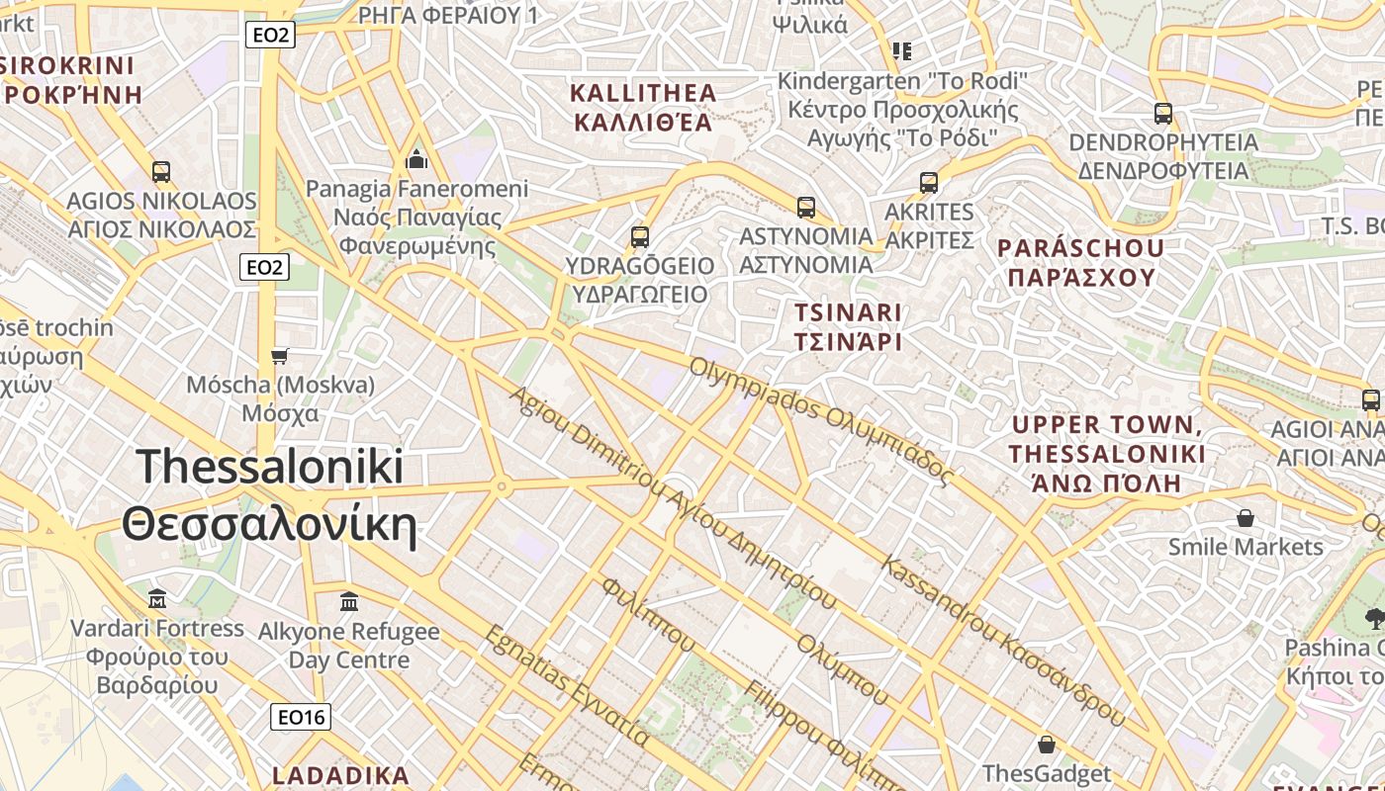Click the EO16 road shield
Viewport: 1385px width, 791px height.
(301, 717)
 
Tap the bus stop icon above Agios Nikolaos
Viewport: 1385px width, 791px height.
(161, 172)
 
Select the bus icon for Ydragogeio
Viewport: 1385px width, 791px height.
(640, 237)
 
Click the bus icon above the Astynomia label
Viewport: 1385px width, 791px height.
(806, 208)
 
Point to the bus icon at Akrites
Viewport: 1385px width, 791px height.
(929, 183)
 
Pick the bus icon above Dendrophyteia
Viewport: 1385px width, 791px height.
(1163, 114)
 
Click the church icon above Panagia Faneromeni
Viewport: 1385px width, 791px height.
(416, 159)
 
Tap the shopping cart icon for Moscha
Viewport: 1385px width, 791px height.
(280, 356)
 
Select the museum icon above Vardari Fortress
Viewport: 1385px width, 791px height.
(157, 598)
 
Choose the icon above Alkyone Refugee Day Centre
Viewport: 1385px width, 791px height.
(349, 601)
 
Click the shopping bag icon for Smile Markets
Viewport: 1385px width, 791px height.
(1246, 518)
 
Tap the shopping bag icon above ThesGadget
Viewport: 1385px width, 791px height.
(1047, 745)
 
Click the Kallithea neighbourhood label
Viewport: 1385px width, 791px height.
(643, 108)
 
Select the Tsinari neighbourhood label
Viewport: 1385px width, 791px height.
(849, 327)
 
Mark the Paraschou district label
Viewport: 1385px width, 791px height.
(1081, 262)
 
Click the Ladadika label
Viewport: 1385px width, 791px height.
(340, 775)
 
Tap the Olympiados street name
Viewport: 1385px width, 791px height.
(821, 419)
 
